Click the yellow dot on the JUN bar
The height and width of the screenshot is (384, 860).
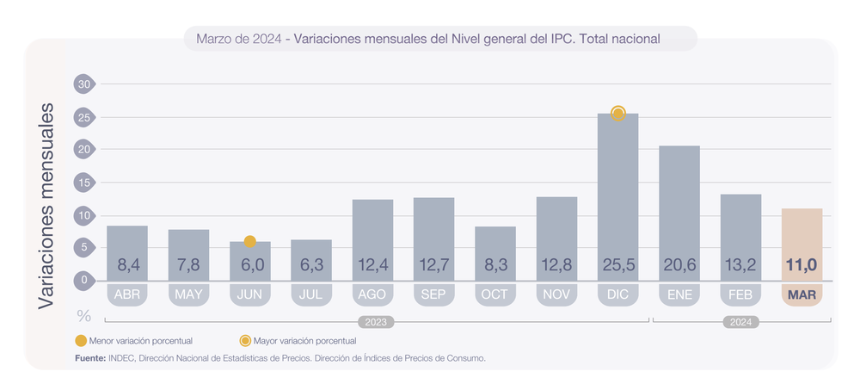249,242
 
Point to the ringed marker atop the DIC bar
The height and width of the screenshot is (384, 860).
617,113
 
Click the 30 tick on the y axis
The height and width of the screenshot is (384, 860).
83,84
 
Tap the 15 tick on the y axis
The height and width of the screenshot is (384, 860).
83,183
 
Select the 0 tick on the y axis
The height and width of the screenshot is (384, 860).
83,280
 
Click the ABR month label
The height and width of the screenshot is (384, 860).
127,295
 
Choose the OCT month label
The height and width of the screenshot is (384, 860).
494,295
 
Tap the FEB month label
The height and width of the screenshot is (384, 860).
740,295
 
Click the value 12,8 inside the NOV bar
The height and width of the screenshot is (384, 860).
556,265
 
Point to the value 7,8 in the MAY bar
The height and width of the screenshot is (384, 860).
188,265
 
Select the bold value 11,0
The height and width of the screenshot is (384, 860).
802,265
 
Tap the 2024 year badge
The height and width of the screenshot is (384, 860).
740,322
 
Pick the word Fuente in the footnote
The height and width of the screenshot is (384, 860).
89,356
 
